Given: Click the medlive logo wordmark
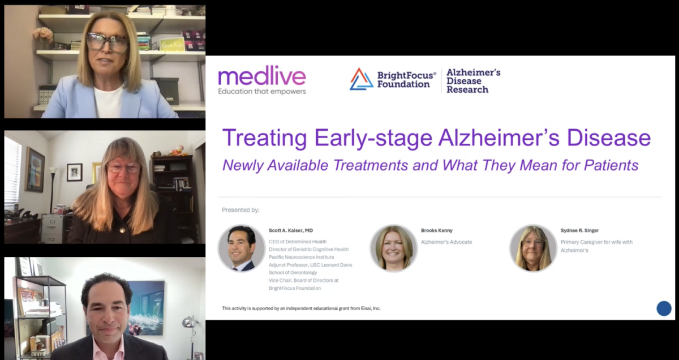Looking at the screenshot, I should [x=261, y=76].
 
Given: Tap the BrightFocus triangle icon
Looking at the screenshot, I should [x=361, y=79].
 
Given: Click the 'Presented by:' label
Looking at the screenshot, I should [x=240, y=210].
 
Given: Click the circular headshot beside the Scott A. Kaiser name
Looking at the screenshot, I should [x=242, y=248].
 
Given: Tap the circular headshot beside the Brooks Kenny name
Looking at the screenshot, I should [x=394, y=248].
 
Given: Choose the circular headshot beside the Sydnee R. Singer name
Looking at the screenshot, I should [x=533, y=248].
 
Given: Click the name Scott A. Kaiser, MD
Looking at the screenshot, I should [x=290, y=230].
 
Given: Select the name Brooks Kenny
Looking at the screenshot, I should [x=436, y=230].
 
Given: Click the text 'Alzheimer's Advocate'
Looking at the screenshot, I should [x=446, y=242].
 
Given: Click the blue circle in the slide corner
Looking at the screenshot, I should [x=664, y=308].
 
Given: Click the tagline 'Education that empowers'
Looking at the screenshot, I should [x=261, y=91].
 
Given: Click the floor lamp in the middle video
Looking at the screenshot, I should [x=53, y=187].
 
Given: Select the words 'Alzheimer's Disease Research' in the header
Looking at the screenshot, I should [x=473, y=81].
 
